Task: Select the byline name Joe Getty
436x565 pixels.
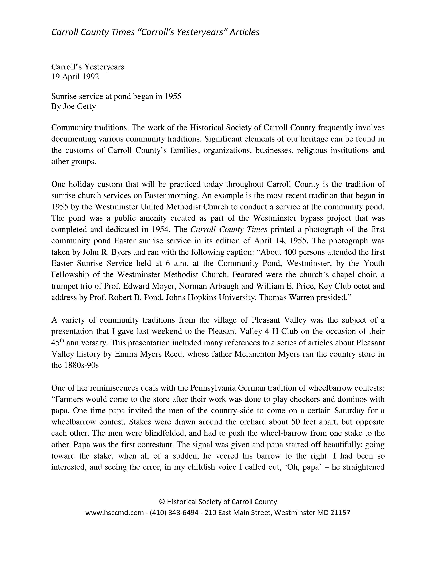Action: coord(79,106)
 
